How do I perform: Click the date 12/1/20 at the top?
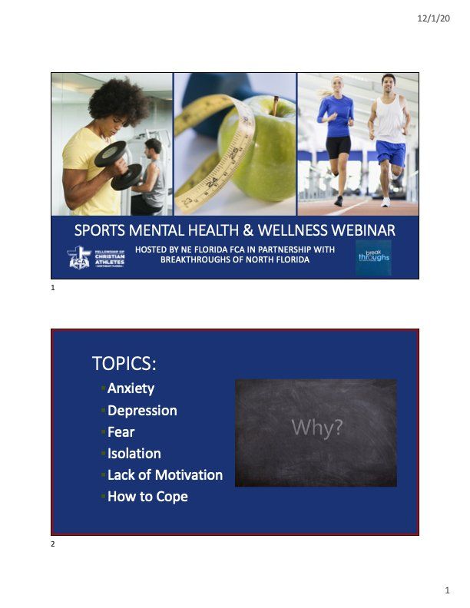click(434, 18)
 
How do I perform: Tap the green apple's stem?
click(275, 105)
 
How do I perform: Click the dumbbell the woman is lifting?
click(118, 165)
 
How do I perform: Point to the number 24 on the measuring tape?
click(212, 182)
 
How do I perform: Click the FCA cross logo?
click(79, 257)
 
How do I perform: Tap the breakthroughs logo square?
click(373, 257)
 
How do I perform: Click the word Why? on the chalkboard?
click(317, 428)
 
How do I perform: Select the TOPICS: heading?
click(124, 363)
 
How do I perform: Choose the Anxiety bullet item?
click(131, 388)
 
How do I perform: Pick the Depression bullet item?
click(142, 411)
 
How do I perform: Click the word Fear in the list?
click(121, 432)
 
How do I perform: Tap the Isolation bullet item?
click(134, 453)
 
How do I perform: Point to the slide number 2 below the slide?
click(53, 544)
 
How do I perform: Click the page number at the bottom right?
click(447, 590)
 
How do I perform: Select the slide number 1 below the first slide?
click(53, 288)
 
